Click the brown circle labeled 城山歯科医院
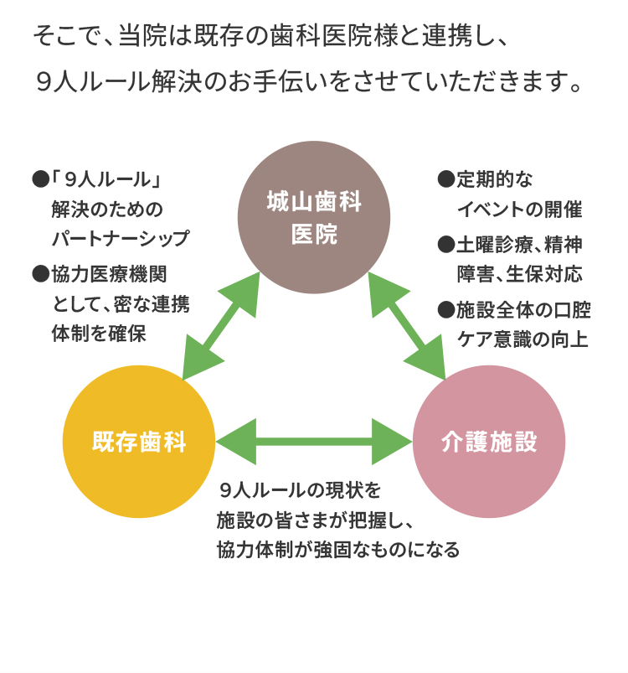click(x=314, y=217)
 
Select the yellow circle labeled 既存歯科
click(x=139, y=442)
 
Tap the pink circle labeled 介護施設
click(x=489, y=442)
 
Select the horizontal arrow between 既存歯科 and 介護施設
click(x=314, y=442)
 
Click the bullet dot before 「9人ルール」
click(x=40, y=179)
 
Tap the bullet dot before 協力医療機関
click(x=40, y=273)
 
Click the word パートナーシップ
click(x=121, y=239)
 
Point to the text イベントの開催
click(x=519, y=210)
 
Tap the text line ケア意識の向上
click(x=522, y=340)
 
